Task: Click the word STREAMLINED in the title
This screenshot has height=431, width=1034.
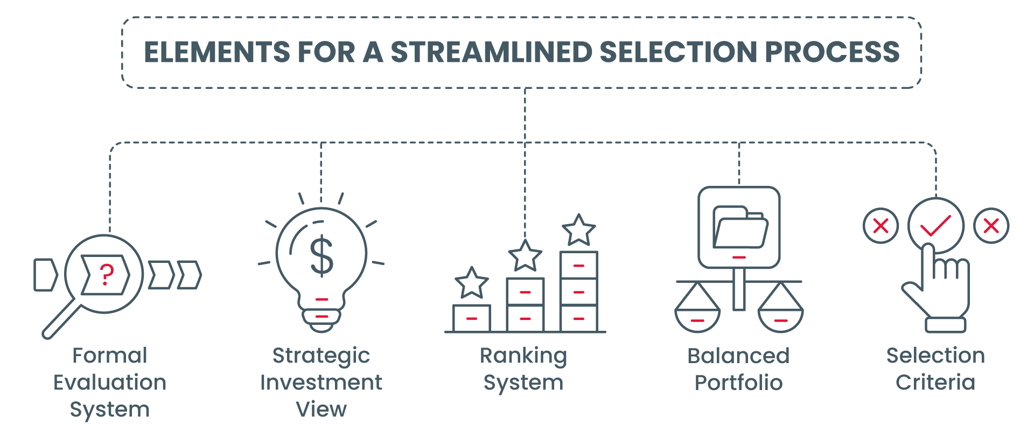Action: pos(491,52)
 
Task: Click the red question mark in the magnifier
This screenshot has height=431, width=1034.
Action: pos(107,275)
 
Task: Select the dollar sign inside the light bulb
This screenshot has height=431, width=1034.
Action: pos(322,256)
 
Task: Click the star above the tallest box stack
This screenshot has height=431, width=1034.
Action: pos(579,231)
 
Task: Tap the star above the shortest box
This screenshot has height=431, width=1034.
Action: pos(472,283)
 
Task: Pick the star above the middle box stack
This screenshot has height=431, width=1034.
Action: pos(525,256)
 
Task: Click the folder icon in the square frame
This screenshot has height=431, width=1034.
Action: pos(740,227)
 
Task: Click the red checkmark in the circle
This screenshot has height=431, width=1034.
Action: pos(935,226)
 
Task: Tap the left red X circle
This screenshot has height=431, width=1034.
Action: pos(881,226)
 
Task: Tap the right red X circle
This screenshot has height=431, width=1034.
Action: pos(991,226)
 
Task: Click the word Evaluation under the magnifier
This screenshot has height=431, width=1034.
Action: pos(110,383)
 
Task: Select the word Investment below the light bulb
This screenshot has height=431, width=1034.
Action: pos(321,383)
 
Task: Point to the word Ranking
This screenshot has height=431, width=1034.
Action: pos(523,356)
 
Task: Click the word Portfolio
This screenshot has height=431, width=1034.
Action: pos(738,383)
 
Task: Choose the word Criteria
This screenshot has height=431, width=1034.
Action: pos(935,383)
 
